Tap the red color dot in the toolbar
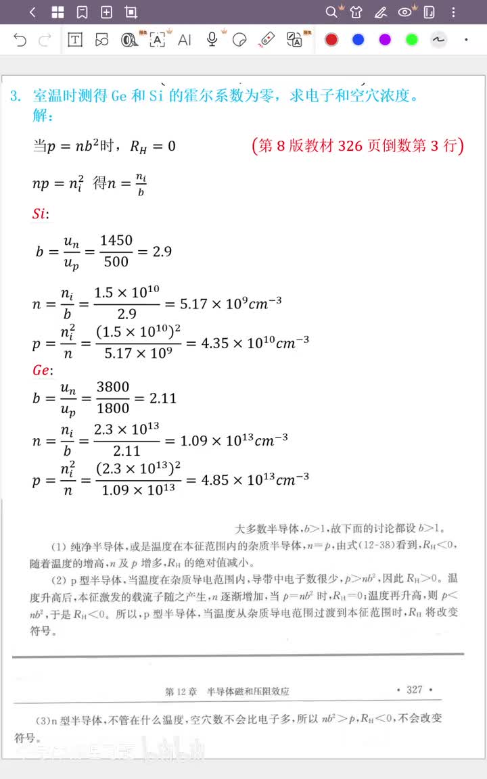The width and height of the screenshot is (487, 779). pos(331,40)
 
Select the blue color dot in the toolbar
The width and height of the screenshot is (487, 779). pos(358,40)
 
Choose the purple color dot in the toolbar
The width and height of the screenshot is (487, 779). pos(385,40)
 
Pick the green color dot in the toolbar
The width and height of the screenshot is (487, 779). pos(412,40)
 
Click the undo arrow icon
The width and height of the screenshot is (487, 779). pos(20,41)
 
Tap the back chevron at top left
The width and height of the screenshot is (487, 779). pos(33,12)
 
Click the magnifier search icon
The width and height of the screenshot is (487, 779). pos(331,12)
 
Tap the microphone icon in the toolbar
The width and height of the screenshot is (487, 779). pos(212,40)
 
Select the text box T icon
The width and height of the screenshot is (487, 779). pos(75,41)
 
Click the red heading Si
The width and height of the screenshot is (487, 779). pos(40,214)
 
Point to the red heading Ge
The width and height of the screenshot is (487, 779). pos(42,370)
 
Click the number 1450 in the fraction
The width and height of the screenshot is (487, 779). pos(116,241)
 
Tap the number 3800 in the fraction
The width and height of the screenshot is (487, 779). pos(113,387)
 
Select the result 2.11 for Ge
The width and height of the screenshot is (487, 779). pos(162,398)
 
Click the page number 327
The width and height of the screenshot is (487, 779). pos(415,690)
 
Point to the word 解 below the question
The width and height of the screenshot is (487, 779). pos(41,116)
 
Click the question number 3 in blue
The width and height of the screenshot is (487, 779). pos(15,96)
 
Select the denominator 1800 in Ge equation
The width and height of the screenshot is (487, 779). pos(113,408)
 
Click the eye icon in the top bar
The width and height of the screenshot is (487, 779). pos(405,12)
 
